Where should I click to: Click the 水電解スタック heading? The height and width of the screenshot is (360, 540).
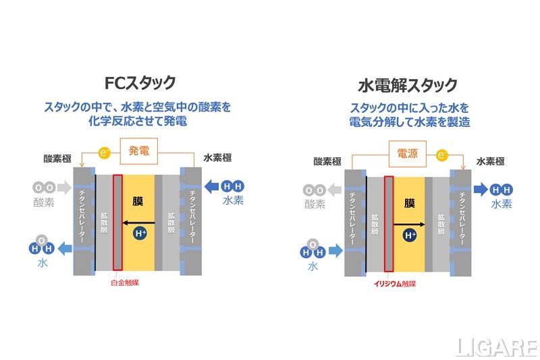(408, 85)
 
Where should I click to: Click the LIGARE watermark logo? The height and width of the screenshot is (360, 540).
(497, 347)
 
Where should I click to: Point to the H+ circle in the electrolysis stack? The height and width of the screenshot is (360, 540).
(410, 235)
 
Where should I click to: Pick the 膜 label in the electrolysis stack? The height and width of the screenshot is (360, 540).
(409, 203)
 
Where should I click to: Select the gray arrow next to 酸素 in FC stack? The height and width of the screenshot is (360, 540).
(63, 186)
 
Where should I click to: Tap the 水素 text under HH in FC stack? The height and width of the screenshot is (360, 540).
(234, 201)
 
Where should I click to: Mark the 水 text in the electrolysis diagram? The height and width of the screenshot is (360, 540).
(313, 267)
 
